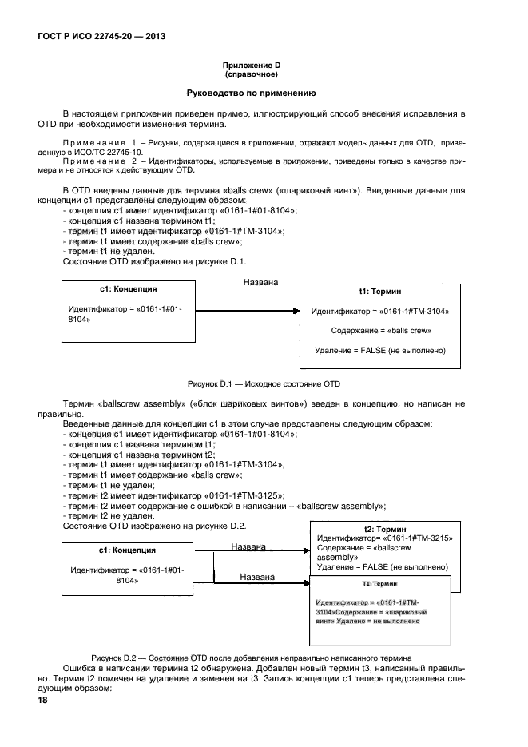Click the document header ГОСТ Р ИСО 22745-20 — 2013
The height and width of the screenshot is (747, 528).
[101, 37]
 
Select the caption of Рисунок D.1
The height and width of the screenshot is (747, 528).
[264, 383]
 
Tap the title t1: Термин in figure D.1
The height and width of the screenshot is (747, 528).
[380, 293]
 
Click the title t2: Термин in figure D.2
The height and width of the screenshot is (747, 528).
[385, 529]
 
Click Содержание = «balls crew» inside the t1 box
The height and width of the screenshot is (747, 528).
[381, 330]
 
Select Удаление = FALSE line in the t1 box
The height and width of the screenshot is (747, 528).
[380, 350]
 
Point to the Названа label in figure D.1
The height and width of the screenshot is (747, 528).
[260, 283]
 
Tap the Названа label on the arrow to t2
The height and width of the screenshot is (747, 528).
[249, 546]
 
